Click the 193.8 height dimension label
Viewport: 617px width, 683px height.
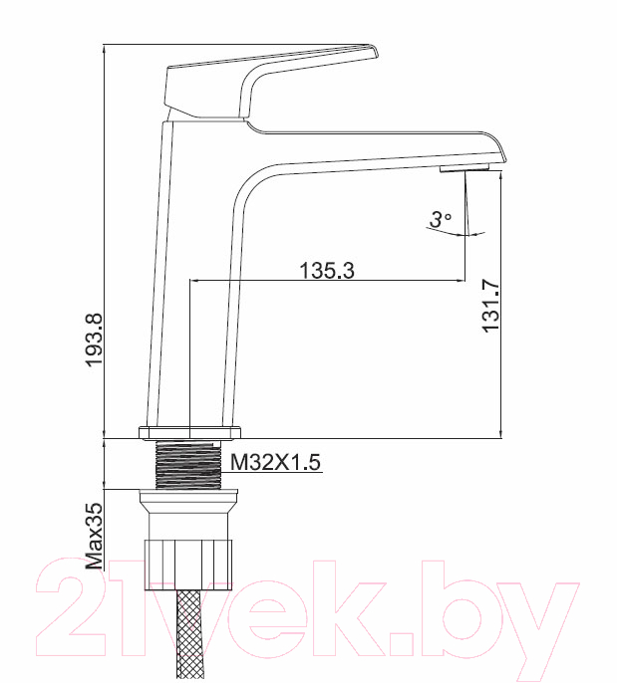tap(94, 341)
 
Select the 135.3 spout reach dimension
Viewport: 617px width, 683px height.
tap(327, 271)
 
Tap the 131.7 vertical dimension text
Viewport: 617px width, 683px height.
tap(490, 307)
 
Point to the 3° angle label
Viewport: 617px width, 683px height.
tap(441, 219)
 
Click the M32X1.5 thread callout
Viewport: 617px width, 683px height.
tap(275, 462)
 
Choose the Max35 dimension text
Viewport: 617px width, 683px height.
tap(95, 537)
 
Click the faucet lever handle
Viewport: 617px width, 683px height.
tap(270, 82)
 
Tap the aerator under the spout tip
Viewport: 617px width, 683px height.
tap(463, 168)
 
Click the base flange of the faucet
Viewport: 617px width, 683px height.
tap(189, 432)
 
